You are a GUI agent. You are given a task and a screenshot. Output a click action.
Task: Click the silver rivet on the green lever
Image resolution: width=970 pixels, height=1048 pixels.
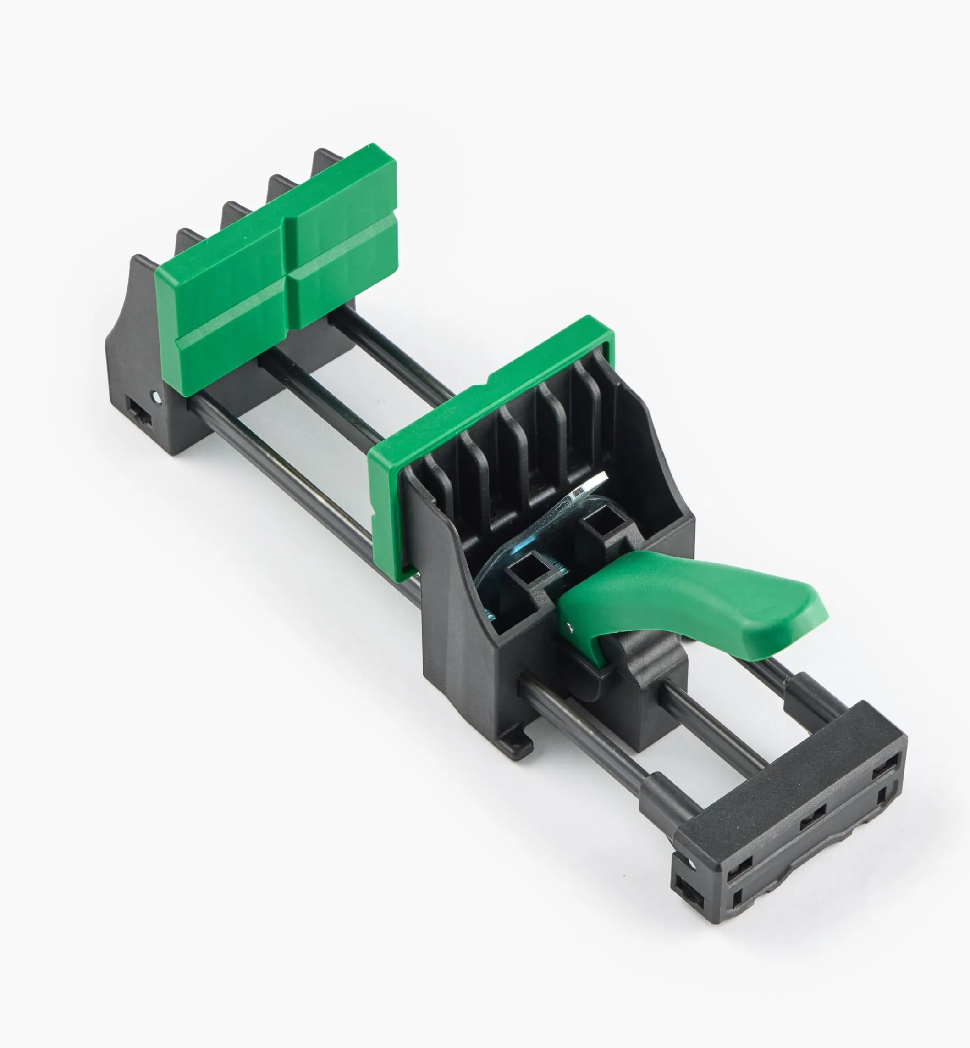coord(571,624)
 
